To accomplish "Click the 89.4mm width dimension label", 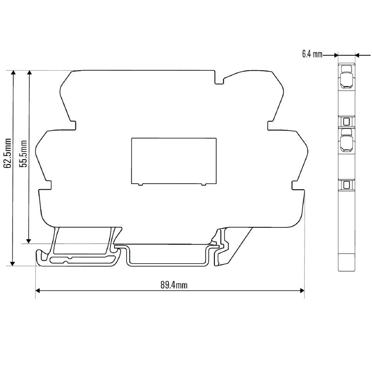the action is tap(174, 285).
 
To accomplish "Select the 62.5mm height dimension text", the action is tap(7, 153).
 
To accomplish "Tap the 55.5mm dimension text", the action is tap(23, 154).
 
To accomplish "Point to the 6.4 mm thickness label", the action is tap(312, 54).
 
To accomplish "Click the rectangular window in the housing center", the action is tap(173, 160).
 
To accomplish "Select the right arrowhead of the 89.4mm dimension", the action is tap(302, 291).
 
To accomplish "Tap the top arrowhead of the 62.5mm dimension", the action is tap(13, 73).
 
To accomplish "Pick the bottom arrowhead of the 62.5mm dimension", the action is tap(13, 263).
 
